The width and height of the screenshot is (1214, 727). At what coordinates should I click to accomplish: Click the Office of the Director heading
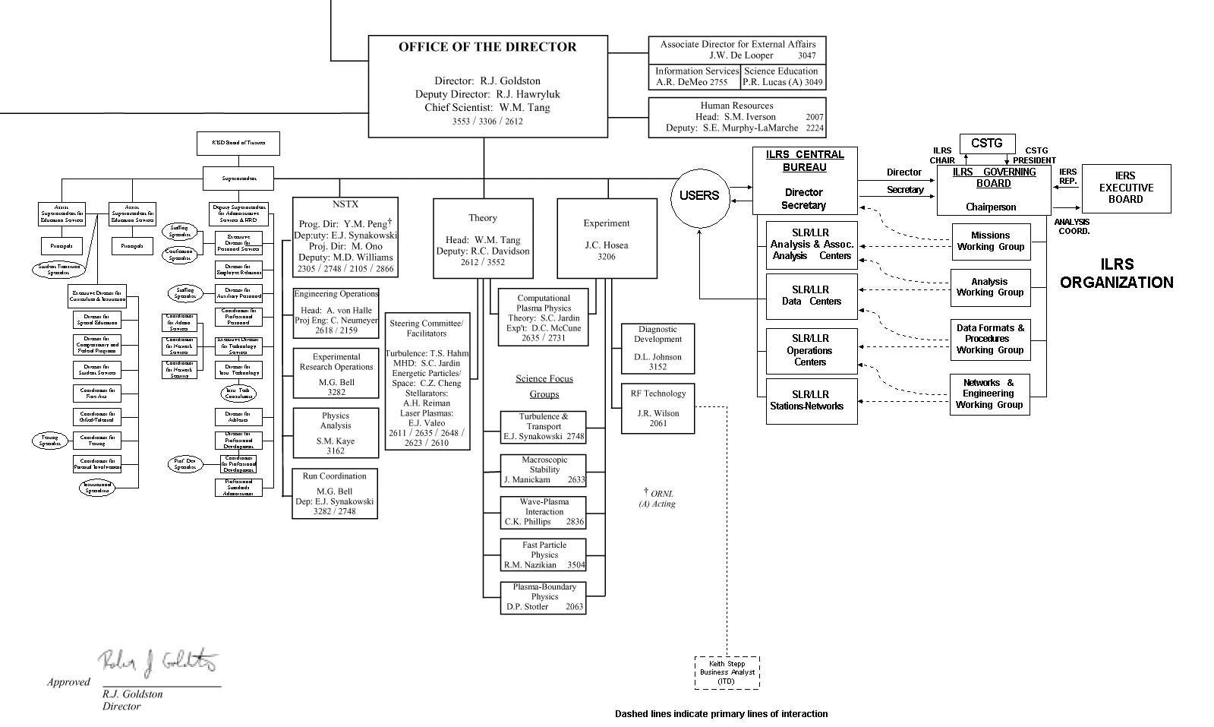487,47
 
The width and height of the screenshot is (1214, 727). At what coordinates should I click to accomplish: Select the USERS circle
698,196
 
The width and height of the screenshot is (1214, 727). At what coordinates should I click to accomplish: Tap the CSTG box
987,143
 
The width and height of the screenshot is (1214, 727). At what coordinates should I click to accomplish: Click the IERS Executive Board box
1126,188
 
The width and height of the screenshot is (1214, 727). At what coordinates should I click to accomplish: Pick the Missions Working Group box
991,241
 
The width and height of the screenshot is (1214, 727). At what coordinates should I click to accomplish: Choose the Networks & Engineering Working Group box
989,394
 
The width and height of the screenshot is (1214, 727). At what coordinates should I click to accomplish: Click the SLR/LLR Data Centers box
811,296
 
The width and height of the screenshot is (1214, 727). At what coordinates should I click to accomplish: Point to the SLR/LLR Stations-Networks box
811,400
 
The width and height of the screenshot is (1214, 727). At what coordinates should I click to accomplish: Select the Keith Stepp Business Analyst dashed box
727,673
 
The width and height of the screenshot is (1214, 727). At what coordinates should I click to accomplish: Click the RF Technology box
657,408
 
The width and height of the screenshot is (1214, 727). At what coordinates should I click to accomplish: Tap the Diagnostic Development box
657,349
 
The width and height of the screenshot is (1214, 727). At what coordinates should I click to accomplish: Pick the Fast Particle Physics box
544,555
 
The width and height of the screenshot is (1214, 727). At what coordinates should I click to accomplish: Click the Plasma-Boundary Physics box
544,597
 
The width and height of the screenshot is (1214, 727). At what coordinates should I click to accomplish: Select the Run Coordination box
335,494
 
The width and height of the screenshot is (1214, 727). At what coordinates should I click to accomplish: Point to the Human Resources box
736,117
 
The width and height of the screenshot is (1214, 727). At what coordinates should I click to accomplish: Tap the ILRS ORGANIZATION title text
1116,273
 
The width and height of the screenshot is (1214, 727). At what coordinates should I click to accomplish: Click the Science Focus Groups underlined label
544,387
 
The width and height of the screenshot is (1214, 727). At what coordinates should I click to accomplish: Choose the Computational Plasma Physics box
544,318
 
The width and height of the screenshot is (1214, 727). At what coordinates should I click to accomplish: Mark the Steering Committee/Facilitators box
426,381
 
